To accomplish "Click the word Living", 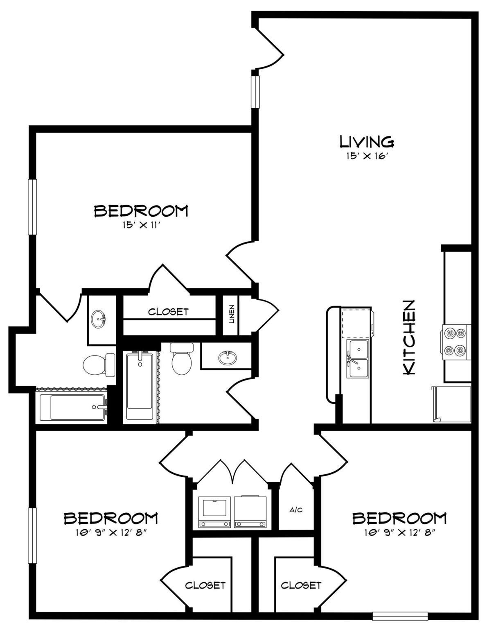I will point(367,142).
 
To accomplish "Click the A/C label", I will point(295,510).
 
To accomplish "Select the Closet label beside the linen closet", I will point(168,312).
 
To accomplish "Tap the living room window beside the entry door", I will point(255,91).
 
